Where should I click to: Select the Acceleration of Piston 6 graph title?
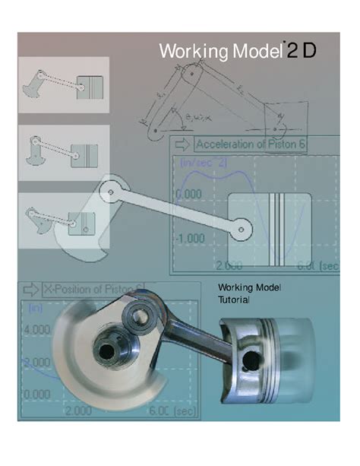point(251,144)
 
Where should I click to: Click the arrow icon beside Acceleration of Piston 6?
point(182,144)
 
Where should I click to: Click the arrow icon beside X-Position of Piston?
point(30,289)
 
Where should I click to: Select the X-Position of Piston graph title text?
point(91,289)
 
